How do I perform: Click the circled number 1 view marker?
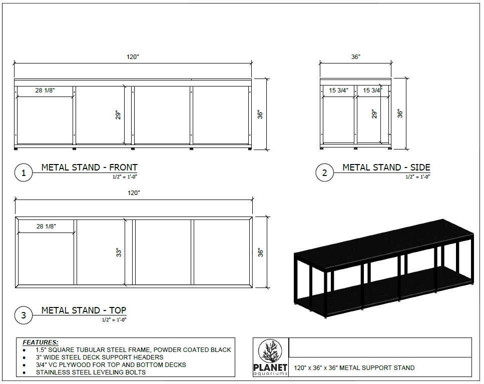click(23, 173)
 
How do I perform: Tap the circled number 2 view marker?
click(324, 173)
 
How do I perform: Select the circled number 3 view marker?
click(23, 315)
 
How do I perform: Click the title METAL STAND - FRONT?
click(89, 167)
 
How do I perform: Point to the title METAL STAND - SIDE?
click(386, 167)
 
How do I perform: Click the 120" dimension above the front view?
click(132, 57)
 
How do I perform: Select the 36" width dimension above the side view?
click(355, 57)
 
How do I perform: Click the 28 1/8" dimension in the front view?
click(45, 90)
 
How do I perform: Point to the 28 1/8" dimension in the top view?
click(46, 226)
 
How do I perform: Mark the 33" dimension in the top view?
click(119, 252)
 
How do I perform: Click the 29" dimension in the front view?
click(119, 114)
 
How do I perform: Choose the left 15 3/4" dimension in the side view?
click(338, 90)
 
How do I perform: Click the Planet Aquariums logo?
click(271, 356)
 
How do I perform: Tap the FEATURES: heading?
click(41, 342)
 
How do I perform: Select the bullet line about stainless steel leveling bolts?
click(91, 372)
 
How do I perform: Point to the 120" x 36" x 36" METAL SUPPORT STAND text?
click(354, 368)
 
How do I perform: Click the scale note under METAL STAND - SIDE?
click(417, 176)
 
